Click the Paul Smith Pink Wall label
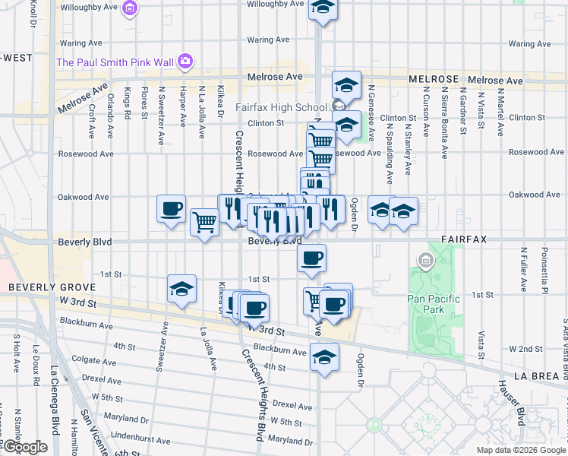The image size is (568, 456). [114, 62]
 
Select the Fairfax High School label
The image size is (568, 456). [281, 106]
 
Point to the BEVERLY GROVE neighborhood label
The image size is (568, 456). [52, 287]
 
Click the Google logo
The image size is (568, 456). [24, 448]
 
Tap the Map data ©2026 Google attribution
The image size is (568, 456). [520, 450]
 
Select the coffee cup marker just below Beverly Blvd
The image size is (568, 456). [311, 259]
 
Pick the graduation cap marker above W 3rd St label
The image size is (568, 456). [181, 290]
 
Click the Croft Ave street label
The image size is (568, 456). [90, 122]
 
